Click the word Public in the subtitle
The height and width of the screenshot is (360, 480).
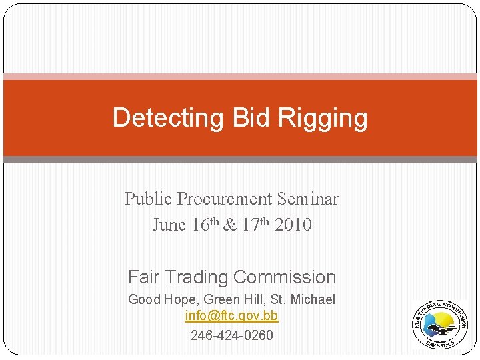147,199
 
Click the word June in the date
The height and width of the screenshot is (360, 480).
169,225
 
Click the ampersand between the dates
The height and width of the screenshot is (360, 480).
230,225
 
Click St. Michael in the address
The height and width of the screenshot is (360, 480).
307,299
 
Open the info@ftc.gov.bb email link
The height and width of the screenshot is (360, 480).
231,316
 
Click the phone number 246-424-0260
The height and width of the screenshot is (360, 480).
231,335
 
